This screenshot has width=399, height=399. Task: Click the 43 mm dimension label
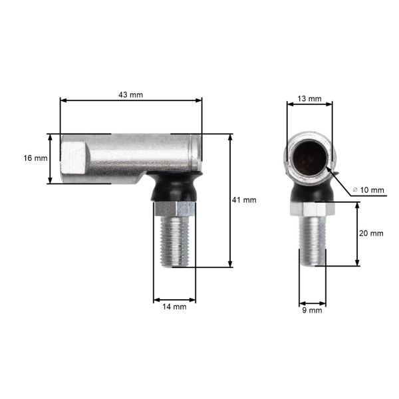pyautogui.click(x=130, y=94)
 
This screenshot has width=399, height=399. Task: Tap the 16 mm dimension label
pyautogui.click(x=35, y=158)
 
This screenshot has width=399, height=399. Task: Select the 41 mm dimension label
pyautogui.click(x=245, y=199)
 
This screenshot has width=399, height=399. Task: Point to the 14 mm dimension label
pyautogui.click(x=175, y=307)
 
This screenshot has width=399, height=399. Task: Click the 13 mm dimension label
pyautogui.click(x=309, y=98)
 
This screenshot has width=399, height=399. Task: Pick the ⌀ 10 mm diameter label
pyautogui.click(x=368, y=190)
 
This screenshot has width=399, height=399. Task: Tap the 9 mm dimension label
pyautogui.click(x=311, y=310)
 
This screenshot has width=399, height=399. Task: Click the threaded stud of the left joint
pyautogui.click(x=179, y=239)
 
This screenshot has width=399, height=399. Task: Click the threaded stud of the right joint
pyautogui.click(x=312, y=241)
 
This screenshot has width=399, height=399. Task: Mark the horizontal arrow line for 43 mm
pyautogui.click(x=131, y=101)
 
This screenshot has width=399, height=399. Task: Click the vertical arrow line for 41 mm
pyautogui.click(x=230, y=199)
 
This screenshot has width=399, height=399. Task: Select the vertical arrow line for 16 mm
pyautogui.click(x=50, y=158)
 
